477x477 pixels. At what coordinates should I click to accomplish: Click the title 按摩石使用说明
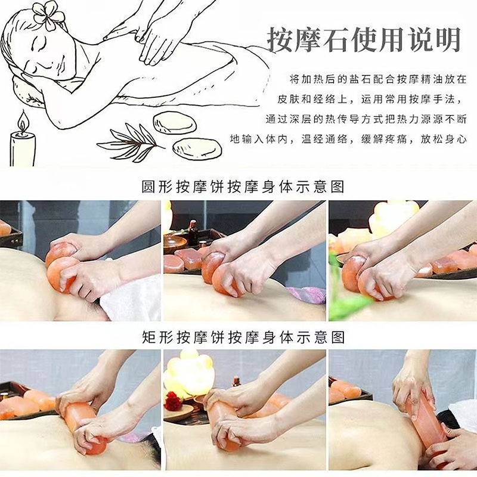(x=364, y=40)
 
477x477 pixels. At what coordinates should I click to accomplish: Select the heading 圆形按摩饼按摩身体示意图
(x=243, y=187)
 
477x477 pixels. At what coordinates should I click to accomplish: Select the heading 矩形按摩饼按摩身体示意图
(x=243, y=337)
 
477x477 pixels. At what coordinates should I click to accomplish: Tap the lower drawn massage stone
(x=197, y=149)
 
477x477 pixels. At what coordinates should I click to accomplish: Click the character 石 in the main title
(x=335, y=40)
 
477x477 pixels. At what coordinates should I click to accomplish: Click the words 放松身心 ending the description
(x=444, y=140)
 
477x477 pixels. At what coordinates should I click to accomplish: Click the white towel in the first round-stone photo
(x=131, y=297)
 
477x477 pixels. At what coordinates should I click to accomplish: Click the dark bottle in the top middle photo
(x=192, y=232)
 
